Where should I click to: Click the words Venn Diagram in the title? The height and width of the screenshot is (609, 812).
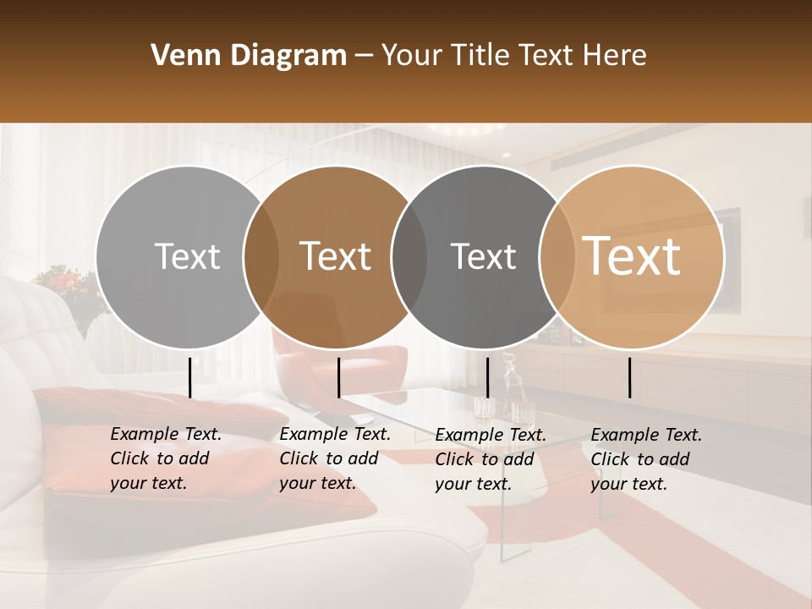pos(249,56)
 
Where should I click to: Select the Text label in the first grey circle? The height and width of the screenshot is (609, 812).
pos(187,256)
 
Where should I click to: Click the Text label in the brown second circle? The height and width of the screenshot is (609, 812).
pos(336,256)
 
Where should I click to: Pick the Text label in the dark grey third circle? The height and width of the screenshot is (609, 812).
pos(483,256)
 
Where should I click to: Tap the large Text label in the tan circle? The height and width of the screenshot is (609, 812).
pos(632,255)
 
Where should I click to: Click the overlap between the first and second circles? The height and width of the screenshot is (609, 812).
pos(261,257)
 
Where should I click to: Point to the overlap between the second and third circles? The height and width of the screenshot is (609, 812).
pos(409,257)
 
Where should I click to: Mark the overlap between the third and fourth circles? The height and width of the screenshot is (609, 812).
pos(555,257)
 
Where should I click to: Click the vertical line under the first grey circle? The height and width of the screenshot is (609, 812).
pos(190,377)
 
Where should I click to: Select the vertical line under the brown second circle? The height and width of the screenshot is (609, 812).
pos(338,377)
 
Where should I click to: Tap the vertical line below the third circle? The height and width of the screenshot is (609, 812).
pos(487,377)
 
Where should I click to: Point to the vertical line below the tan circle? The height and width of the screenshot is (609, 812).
pos(630,377)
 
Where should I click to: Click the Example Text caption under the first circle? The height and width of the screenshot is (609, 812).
pos(166,458)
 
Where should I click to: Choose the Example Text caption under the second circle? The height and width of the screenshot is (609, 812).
pos(335,458)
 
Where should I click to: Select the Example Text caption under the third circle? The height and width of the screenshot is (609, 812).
pos(491,459)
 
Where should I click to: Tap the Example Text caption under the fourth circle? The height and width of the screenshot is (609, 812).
pos(646,459)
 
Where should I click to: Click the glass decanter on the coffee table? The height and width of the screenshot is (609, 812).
pos(510,389)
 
